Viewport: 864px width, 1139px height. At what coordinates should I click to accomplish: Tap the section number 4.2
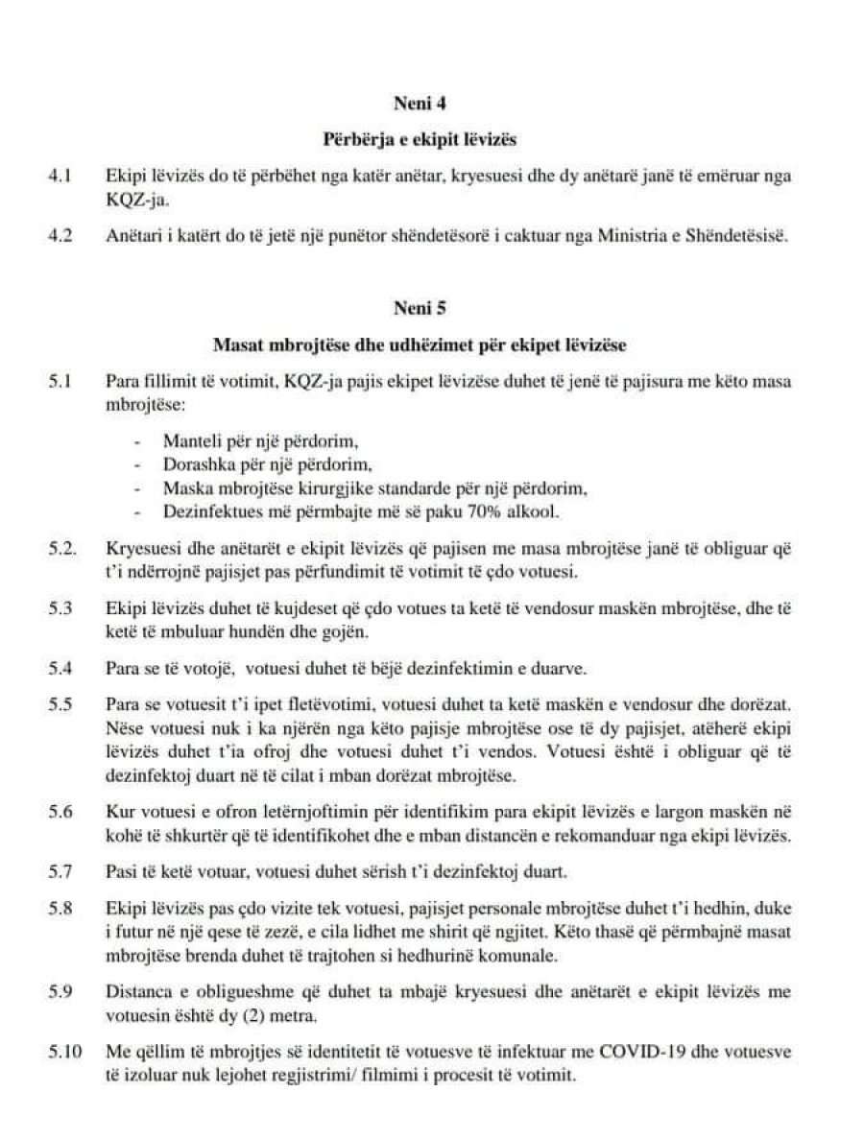(60, 237)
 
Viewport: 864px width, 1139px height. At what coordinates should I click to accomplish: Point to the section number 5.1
(60, 382)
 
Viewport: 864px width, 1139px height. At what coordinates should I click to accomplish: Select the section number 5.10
(64, 1053)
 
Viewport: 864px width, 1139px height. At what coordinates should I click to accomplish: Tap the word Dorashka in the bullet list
(197, 465)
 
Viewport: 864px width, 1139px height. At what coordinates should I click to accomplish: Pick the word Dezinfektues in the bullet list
(206, 511)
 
